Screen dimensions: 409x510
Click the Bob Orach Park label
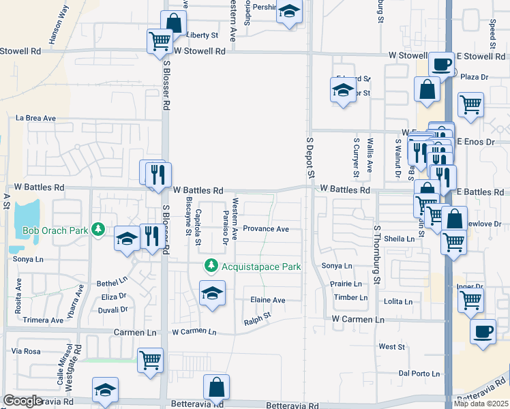(55, 230)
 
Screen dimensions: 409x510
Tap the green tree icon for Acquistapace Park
(212, 264)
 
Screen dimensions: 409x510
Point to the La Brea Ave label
(36, 118)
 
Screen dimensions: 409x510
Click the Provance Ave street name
(266, 229)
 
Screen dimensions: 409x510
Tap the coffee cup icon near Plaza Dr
(441, 65)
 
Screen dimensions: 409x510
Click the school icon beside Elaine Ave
(212, 294)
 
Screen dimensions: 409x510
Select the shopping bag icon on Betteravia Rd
(216, 387)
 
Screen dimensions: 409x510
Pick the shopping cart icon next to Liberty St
(160, 40)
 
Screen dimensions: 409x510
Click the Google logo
(22, 401)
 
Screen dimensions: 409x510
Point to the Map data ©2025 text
(481, 404)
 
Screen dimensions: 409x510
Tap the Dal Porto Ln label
(418, 373)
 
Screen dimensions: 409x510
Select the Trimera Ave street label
(42, 320)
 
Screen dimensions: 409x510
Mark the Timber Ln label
(350, 298)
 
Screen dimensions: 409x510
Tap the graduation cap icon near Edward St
(343, 89)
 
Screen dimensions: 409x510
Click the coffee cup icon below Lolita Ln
(483, 332)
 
